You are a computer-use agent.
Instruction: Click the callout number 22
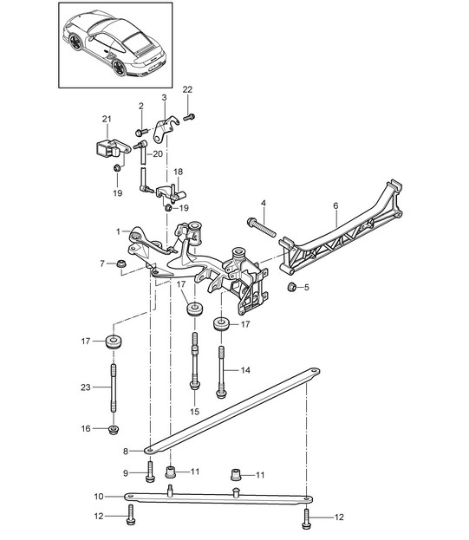(x=187, y=90)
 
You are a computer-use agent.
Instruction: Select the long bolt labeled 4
(x=262, y=229)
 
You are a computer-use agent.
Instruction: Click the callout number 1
(x=118, y=232)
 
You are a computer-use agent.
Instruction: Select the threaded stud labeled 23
(x=113, y=391)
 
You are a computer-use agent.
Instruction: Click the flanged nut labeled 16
(x=113, y=429)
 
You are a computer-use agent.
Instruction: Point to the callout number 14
(x=245, y=370)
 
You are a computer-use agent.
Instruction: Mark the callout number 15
(x=194, y=411)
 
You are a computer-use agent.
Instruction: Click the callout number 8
(x=127, y=451)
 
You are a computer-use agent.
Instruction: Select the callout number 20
(x=157, y=153)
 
